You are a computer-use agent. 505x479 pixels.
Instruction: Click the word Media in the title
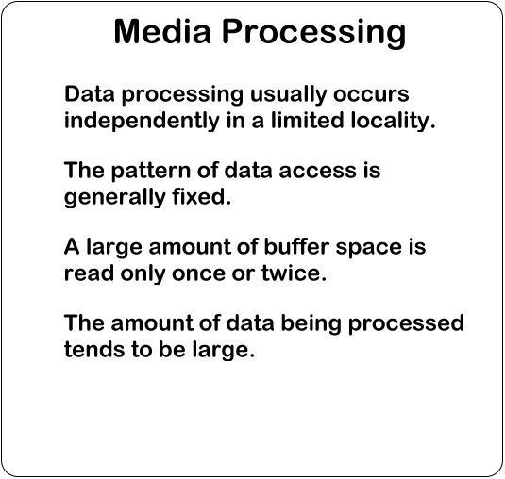(x=162, y=31)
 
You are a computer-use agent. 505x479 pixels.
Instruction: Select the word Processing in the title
(x=314, y=34)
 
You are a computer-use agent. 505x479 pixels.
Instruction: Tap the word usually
(x=288, y=95)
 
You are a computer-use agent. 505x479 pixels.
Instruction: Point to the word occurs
(x=371, y=95)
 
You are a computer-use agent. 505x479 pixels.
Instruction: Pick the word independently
(x=142, y=122)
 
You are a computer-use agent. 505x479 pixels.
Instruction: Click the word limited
(x=308, y=121)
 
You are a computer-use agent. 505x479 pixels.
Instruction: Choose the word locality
(x=393, y=122)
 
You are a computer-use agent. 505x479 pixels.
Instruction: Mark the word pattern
(x=151, y=172)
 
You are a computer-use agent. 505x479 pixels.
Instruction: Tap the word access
(x=317, y=172)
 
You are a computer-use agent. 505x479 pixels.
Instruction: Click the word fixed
(x=202, y=196)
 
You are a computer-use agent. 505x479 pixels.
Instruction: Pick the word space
(x=369, y=248)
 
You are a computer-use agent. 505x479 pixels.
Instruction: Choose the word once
(x=198, y=274)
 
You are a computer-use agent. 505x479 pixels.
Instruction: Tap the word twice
(x=294, y=273)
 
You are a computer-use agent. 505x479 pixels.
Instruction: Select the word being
(x=311, y=324)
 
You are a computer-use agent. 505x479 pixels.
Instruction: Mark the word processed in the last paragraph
(x=406, y=324)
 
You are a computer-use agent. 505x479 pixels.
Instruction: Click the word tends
(x=94, y=349)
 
